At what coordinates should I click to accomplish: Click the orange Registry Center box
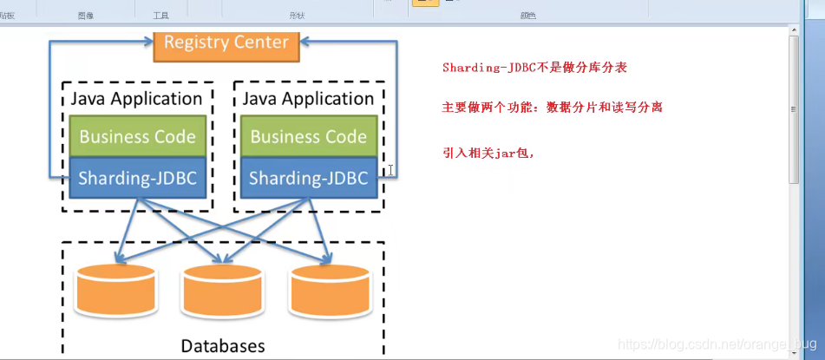coord(226,43)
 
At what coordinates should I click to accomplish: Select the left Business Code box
coord(138,137)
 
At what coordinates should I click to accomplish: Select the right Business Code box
coord(309,137)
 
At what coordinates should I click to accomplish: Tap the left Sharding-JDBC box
coord(138,178)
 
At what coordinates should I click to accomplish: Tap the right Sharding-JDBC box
coord(309,178)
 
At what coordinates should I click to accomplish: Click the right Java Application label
coord(308,99)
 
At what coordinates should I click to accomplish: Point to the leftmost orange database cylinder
coord(116,290)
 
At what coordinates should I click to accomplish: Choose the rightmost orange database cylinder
coord(331,290)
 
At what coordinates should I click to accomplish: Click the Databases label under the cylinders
coord(222,345)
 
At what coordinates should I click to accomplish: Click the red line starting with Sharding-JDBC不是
coord(534,68)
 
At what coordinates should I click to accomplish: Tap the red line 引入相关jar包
coord(488,153)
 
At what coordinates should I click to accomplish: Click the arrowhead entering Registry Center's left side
coord(147,41)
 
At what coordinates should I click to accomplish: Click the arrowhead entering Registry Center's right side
coord(304,41)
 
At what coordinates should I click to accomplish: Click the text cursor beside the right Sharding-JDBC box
coord(391,170)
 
